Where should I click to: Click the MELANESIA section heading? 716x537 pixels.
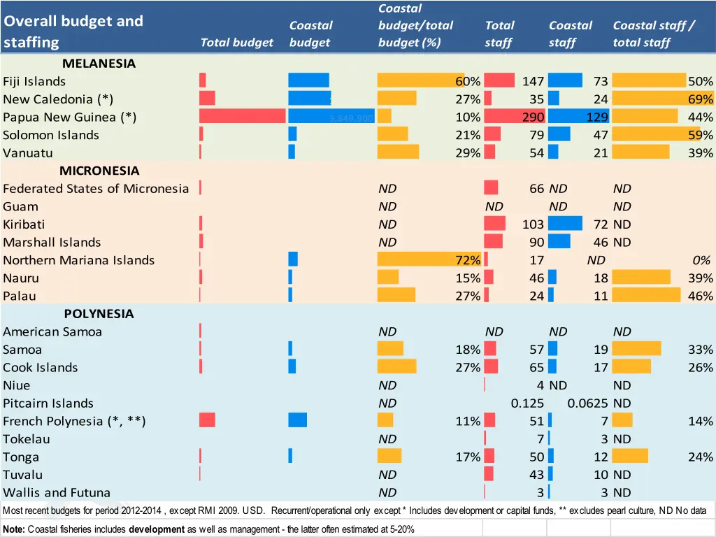[98, 64]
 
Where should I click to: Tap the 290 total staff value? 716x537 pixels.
[533, 117]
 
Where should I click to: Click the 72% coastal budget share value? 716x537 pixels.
[468, 260]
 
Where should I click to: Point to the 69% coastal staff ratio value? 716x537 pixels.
[700, 99]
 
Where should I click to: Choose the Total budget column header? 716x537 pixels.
[236, 43]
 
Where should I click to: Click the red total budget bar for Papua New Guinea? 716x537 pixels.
[242, 116]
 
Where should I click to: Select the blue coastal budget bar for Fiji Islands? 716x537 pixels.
[308, 80]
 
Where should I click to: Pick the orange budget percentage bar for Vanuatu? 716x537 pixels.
[398, 152]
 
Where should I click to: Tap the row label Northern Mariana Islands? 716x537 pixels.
[78, 260]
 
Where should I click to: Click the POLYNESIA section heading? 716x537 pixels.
[99, 314]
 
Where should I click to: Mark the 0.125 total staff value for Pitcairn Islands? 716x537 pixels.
[527, 403]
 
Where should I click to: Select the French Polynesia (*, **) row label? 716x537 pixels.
[74, 422]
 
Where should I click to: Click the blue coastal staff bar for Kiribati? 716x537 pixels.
[565, 224]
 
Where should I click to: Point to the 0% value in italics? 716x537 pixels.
[701, 260]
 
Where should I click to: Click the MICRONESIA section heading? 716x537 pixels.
[99, 171]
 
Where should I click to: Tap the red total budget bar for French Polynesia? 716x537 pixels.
[207, 420]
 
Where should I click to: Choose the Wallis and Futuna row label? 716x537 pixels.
[57, 493]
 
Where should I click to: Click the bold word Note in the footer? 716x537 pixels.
[14, 529]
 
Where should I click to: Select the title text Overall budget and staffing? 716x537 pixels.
[73, 31]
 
